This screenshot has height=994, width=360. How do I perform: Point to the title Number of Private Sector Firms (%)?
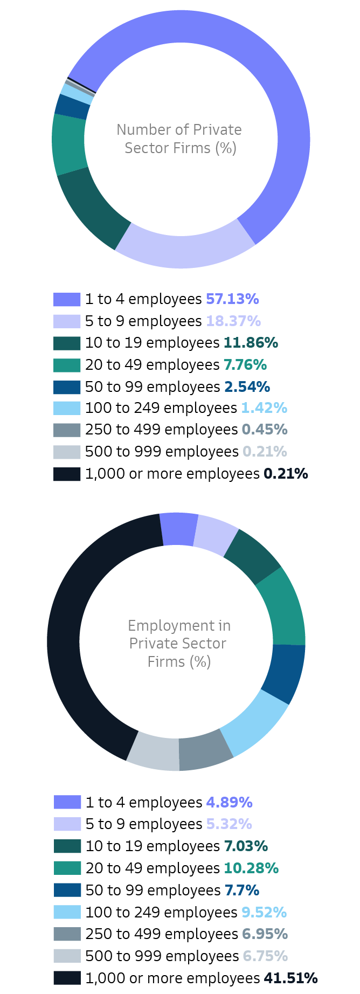[179, 139]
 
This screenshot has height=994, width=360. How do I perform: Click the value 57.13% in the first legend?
[232, 299]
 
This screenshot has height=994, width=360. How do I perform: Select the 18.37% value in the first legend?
[233, 321]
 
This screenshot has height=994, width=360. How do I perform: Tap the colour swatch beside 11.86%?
[67, 343]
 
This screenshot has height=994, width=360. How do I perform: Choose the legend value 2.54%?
[245, 387]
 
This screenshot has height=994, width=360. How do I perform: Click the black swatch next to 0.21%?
[67, 474]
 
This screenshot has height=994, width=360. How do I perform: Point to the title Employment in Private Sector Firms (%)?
[179, 644]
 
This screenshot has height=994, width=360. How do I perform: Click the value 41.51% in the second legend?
[290, 978]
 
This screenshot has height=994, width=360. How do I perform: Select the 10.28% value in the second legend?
[251, 868]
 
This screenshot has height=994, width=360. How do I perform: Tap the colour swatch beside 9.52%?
[67, 912]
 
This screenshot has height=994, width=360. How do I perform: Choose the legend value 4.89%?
[229, 803]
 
